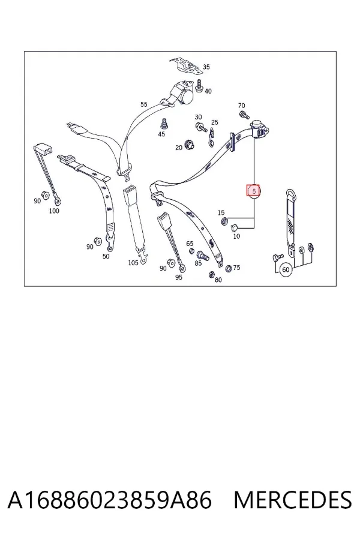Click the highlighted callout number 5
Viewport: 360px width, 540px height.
[254, 190]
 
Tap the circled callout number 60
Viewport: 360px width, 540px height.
[286, 269]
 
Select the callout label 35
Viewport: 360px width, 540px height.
[206, 67]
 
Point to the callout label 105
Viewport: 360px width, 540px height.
[133, 263]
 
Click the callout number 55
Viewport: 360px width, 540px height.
[143, 104]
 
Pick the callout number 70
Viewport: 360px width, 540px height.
[241, 106]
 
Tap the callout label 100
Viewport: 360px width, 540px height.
[54, 211]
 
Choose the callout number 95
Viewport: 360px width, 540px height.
[178, 277]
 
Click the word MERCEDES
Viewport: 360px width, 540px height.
[293, 500]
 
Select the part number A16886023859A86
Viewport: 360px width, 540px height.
[110, 500]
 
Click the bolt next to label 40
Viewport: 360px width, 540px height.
[199, 85]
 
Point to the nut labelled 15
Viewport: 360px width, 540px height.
[224, 220]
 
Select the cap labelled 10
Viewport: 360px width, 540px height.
[235, 227]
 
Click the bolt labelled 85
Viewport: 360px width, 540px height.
[202, 256]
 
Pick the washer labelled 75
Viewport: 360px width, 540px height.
[228, 268]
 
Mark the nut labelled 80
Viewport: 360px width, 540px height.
[212, 274]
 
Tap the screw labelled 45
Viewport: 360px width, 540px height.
[164, 124]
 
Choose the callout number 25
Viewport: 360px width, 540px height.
[215, 122]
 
